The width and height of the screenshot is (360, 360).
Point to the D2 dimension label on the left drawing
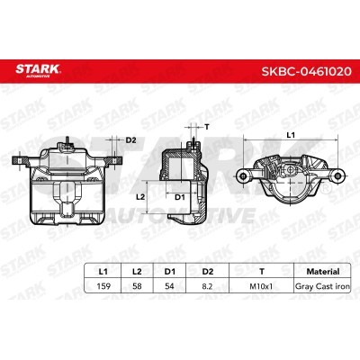point(130,140)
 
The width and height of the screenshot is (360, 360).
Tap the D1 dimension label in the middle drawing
point(180,195)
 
